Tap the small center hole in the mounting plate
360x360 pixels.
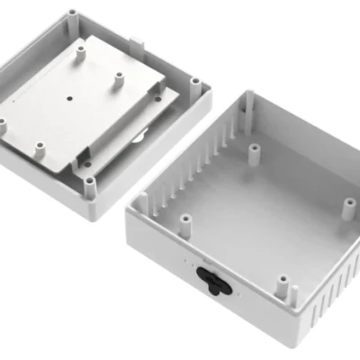point(69,94)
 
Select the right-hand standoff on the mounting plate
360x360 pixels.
point(117,80)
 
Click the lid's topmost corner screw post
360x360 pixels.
point(71,17)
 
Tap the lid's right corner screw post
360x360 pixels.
point(193,83)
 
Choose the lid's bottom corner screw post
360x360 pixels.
point(90,185)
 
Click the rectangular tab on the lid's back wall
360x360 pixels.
point(138,40)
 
